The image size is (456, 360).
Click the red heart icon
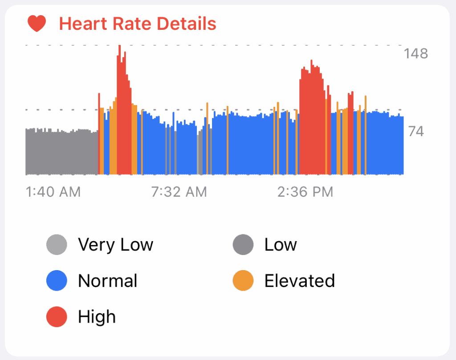click(37, 23)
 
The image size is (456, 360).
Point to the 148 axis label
click(416, 54)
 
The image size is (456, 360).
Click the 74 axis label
click(416, 131)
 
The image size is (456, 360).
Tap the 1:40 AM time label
click(53, 192)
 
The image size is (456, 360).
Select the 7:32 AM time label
click(179, 192)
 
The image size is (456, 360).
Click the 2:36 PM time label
click(305, 192)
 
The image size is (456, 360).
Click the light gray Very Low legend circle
click(57, 245)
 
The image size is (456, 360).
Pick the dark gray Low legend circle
click(243, 245)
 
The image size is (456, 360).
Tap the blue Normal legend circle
click(57, 281)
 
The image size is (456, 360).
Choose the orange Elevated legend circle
click(243, 281)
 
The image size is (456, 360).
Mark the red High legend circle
click(57, 317)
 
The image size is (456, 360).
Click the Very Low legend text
click(115, 245)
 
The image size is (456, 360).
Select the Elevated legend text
click(300, 281)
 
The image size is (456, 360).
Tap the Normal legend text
click(108, 281)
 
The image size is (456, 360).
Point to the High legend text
click(97, 317)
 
